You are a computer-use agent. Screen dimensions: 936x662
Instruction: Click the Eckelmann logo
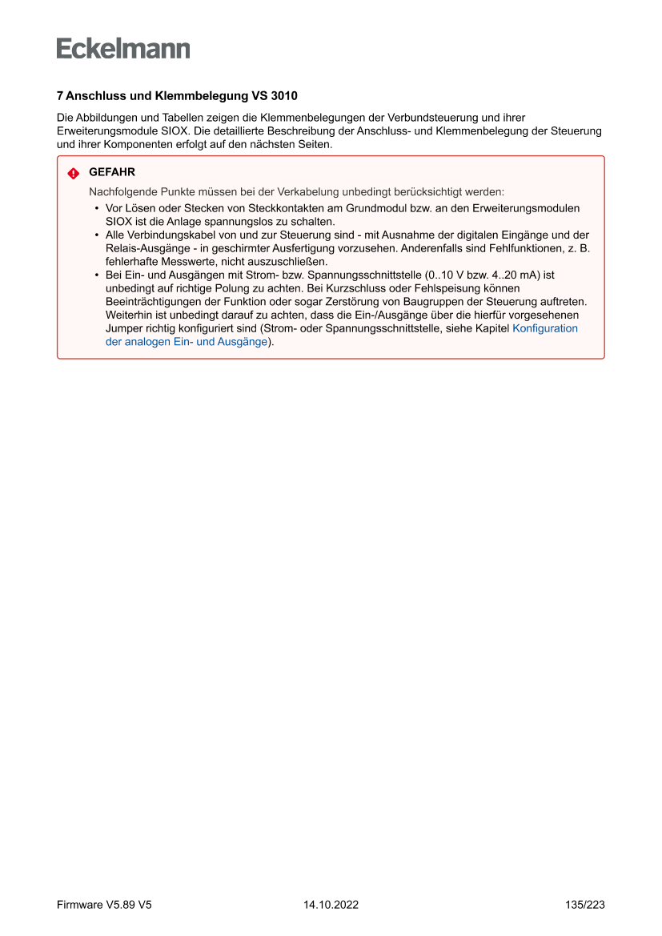(123, 48)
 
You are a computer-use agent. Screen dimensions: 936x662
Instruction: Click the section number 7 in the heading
(60, 96)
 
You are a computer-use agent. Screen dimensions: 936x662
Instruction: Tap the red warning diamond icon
(73, 173)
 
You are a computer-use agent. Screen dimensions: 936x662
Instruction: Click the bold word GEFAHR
(112, 172)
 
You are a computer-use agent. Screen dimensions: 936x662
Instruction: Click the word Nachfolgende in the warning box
(121, 192)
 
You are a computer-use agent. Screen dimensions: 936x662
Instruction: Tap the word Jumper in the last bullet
(123, 328)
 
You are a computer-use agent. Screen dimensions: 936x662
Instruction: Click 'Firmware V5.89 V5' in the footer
(104, 905)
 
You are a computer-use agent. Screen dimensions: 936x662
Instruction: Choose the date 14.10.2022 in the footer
(331, 905)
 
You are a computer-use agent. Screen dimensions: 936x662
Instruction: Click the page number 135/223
(584, 905)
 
